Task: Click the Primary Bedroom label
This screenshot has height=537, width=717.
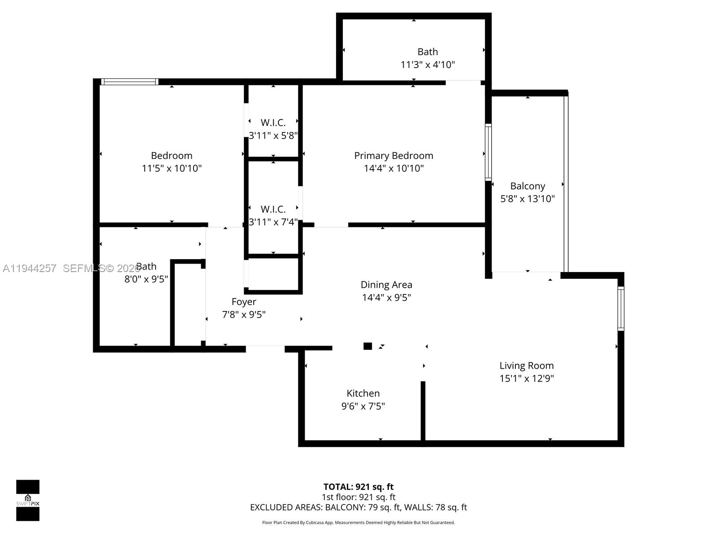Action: coord(393,156)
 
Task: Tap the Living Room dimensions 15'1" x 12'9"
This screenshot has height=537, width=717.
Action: coord(527,379)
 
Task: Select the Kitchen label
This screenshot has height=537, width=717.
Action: coord(363,393)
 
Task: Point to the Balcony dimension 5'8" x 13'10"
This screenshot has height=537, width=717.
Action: coord(527,199)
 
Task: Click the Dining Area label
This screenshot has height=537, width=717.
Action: coord(386,285)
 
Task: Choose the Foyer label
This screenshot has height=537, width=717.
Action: coord(244,302)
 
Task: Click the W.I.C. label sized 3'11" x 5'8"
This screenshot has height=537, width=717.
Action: coord(273,123)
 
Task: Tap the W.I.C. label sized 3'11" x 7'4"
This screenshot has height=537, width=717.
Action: coord(273,209)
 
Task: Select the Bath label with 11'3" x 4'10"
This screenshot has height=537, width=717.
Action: coord(428,52)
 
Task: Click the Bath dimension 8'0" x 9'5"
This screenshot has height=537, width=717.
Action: coord(146,279)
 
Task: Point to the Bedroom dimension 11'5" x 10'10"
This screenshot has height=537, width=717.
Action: coord(172,169)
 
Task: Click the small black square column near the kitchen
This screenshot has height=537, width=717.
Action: coord(367,346)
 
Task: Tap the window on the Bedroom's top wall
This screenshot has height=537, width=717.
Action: coord(130,81)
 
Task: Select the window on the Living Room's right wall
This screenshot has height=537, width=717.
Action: coord(621,309)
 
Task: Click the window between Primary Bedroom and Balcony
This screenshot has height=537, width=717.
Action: coord(488,152)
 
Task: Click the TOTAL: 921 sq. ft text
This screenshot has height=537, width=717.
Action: coord(358,487)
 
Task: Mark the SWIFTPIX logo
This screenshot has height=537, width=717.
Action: coord(28,500)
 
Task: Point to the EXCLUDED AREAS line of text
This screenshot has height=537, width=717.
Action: coord(358,507)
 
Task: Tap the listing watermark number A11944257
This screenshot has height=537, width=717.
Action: coord(30,268)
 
